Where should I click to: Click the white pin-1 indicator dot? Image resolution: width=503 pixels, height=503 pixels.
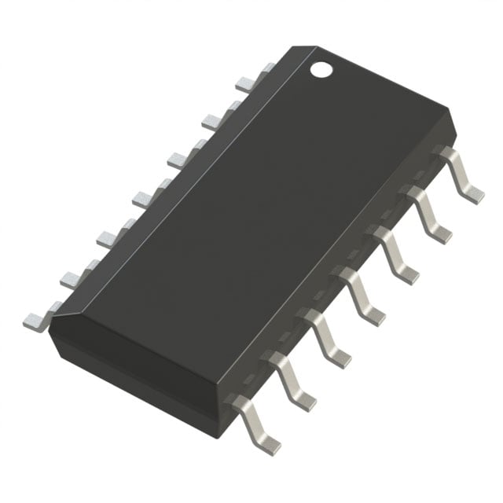321,69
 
